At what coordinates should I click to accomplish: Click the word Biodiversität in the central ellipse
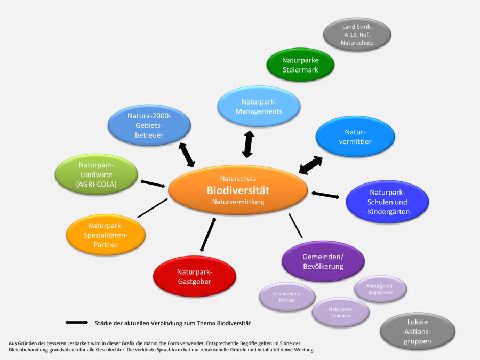[x=238, y=190]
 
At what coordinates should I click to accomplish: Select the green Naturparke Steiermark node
[x=300, y=65]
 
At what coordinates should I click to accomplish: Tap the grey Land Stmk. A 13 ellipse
[x=357, y=34]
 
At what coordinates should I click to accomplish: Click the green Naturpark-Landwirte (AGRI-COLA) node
[x=97, y=174]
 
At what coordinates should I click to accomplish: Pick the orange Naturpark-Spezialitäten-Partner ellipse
[x=105, y=234]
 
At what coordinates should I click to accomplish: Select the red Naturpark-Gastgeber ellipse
[x=194, y=276]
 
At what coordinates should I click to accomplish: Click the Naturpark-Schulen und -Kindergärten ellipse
[x=387, y=202]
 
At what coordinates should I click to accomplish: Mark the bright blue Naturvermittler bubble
[x=355, y=136]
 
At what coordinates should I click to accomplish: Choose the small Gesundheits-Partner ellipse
[x=287, y=297]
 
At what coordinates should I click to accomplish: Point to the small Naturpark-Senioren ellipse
[x=340, y=312]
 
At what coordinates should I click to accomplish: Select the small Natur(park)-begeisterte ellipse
[x=381, y=289]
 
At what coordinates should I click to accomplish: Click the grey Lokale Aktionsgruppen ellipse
[x=417, y=331]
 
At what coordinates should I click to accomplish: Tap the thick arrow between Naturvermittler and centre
[x=310, y=165]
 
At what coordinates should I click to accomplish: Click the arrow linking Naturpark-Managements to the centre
[x=247, y=144]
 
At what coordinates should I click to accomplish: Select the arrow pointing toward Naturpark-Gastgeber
[x=208, y=234]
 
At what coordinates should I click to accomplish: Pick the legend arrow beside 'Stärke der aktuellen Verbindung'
[x=77, y=323]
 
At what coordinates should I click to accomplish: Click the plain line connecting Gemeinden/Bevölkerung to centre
[x=295, y=226]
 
